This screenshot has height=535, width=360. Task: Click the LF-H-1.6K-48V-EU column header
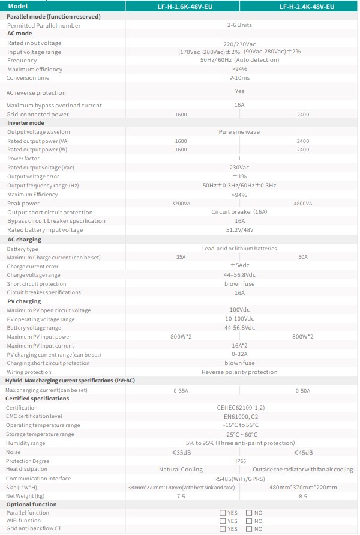(x=181, y=6)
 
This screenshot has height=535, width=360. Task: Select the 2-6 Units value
(x=239, y=25)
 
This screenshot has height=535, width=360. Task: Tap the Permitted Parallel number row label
(x=44, y=26)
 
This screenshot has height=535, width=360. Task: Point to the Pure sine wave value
(x=239, y=132)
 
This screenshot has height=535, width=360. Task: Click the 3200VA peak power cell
(x=181, y=204)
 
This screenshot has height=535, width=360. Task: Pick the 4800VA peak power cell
(x=302, y=204)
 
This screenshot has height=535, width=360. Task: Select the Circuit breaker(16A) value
(x=239, y=212)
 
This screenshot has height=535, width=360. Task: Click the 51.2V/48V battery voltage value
(x=239, y=229)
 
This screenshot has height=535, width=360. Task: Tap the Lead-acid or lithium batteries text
(x=239, y=249)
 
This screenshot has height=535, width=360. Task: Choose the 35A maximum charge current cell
(x=181, y=257)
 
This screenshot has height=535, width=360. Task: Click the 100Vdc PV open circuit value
(x=239, y=310)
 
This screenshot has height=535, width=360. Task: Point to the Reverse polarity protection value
(x=239, y=372)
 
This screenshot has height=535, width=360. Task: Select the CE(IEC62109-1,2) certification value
(x=239, y=408)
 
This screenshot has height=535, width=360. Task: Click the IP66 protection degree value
(x=239, y=461)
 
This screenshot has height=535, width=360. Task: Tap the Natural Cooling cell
(x=181, y=470)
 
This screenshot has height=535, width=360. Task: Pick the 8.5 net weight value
(x=302, y=496)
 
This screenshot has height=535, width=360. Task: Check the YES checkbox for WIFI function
(x=223, y=521)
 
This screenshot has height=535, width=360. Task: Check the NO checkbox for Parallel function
(x=250, y=513)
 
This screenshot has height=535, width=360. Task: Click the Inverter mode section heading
(x=25, y=123)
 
